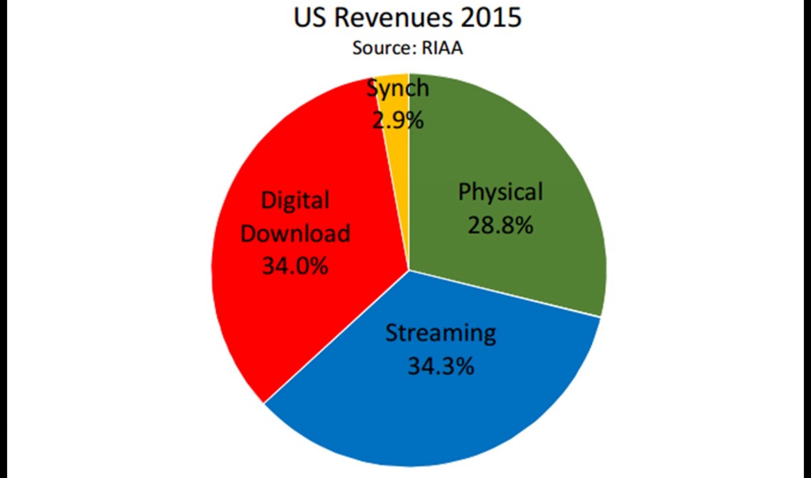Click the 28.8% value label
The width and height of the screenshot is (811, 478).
pyautogui.click(x=500, y=225)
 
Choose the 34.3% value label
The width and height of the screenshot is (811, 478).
pyautogui.click(x=441, y=366)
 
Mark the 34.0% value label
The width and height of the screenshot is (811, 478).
pyautogui.click(x=295, y=266)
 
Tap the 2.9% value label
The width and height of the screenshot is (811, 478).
pyautogui.click(x=397, y=120)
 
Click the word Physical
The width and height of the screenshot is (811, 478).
pyautogui.click(x=501, y=192)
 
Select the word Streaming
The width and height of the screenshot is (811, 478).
pyautogui.click(x=441, y=333)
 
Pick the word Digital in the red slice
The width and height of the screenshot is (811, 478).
pyautogui.click(x=295, y=200)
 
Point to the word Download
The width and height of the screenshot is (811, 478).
pyautogui.click(x=295, y=233)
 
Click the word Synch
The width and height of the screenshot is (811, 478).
pyautogui.click(x=397, y=88)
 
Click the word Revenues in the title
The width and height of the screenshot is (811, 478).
pyautogui.click(x=393, y=18)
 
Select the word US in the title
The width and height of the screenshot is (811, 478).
pyautogui.click(x=310, y=18)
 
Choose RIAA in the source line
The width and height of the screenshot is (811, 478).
pyautogui.click(x=442, y=48)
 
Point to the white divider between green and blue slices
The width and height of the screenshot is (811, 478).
pyautogui.click(x=505, y=293)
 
